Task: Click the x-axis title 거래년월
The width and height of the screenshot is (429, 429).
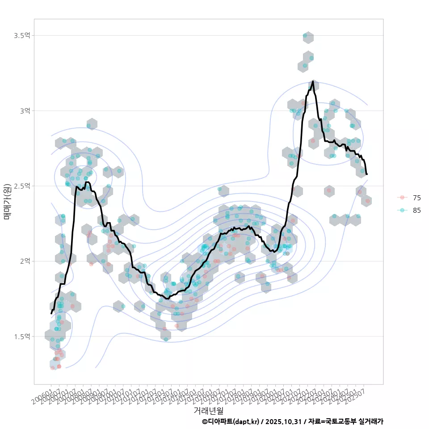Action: click(208, 410)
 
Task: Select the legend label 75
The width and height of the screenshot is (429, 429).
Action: click(417, 198)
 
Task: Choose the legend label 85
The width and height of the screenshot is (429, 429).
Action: click(417, 210)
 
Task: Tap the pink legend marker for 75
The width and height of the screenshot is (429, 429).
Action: click(402, 198)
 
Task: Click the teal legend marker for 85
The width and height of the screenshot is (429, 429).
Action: click(402, 210)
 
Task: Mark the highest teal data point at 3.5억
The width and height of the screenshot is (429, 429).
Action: click(305, 36)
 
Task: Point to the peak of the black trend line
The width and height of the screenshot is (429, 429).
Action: click(313, 81)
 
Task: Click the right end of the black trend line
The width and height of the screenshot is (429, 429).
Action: click(367, 174)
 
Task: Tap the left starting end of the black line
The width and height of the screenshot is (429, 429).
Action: click(51, 314)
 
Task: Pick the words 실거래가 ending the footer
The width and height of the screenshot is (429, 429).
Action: click(370, 421)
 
